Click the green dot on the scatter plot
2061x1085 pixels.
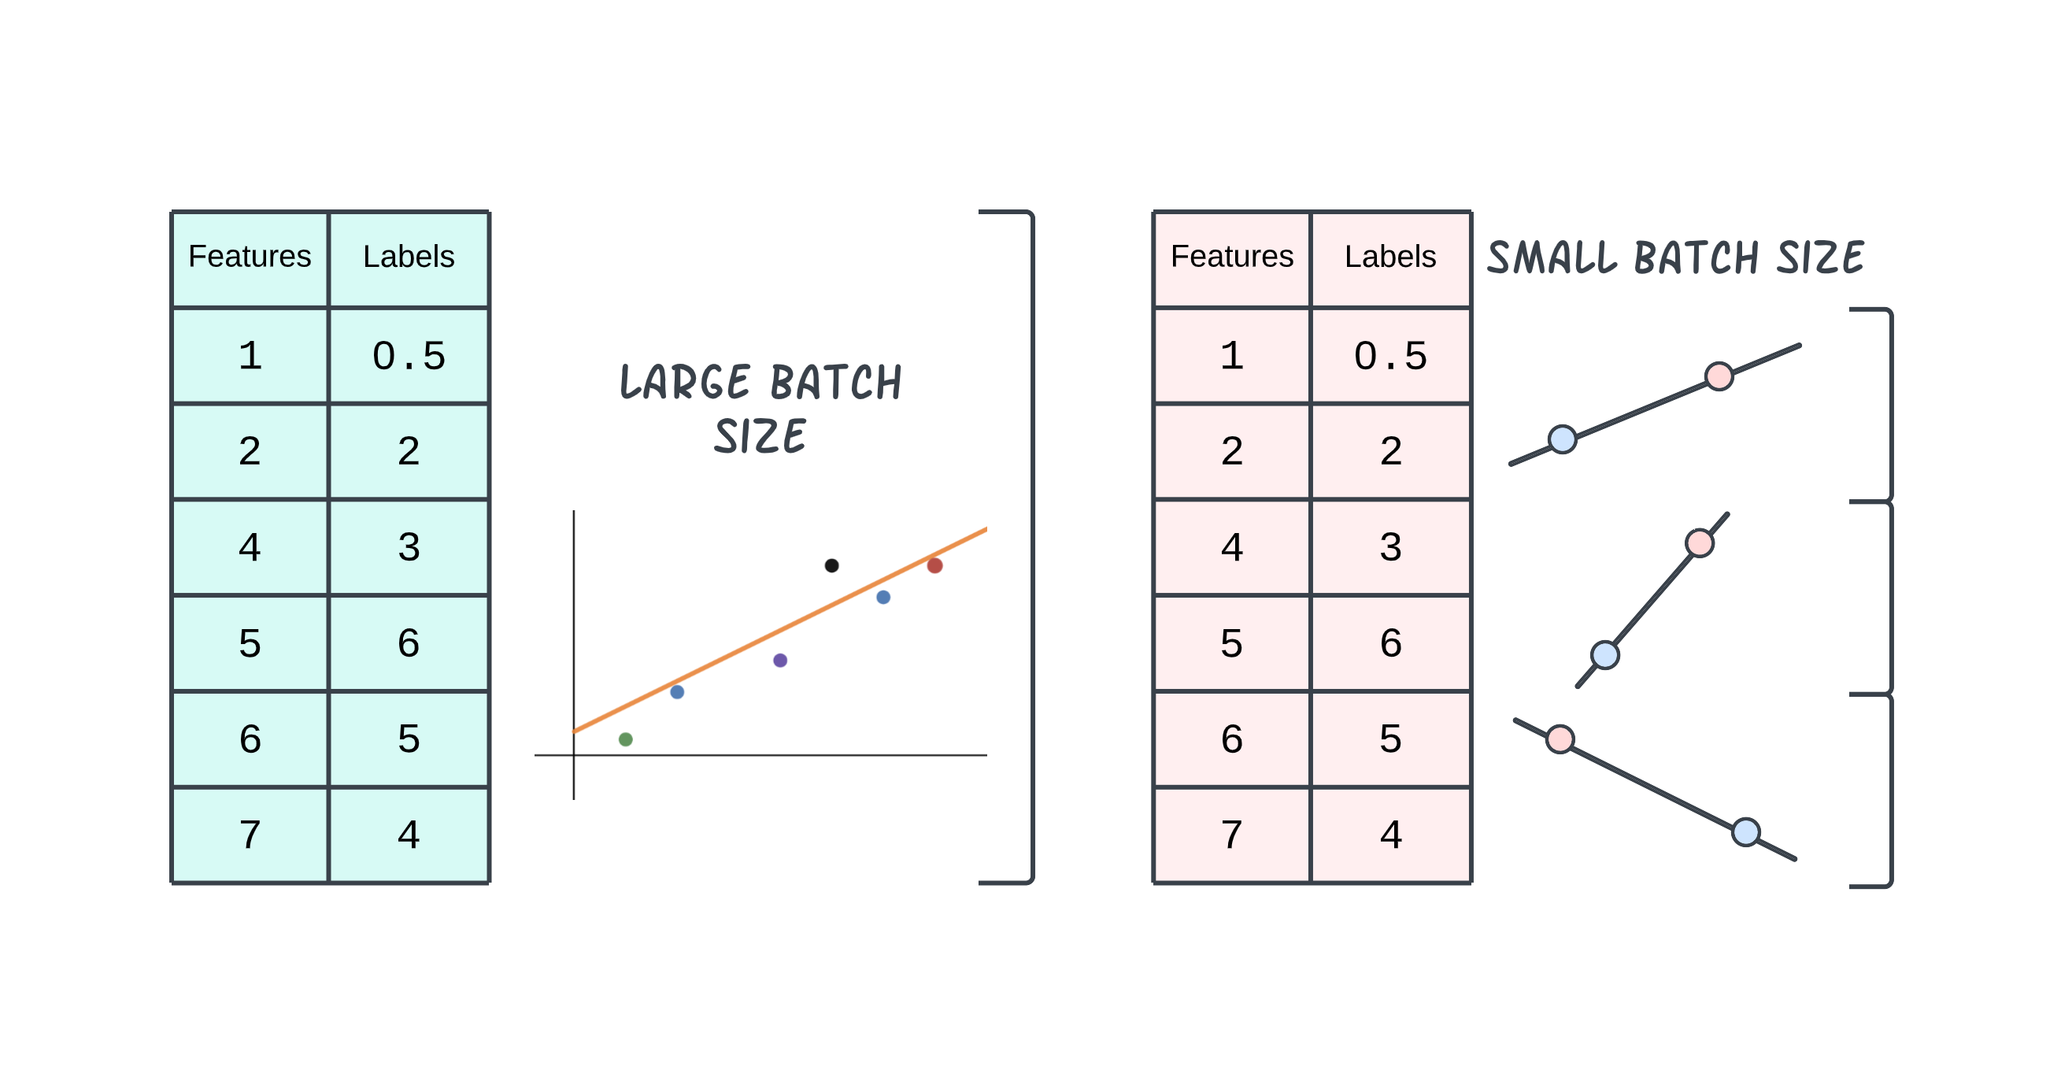[626, 739]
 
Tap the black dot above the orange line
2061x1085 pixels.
[831, 565]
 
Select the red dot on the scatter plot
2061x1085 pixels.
[934, 565]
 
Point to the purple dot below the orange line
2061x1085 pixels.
[780, 660]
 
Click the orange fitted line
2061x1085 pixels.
[780, 630]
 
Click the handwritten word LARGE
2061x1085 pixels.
[685, 382]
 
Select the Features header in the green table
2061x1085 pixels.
[250, 256]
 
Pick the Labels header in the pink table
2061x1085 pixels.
[1390, 256]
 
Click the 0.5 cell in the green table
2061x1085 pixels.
[409, 355]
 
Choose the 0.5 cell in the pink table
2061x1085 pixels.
[1390, 355]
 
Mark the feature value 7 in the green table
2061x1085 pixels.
[250, 835]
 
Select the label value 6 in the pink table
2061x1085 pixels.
[1390, 642]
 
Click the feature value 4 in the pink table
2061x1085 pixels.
[1232, 547]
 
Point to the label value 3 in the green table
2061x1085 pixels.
[409, 547]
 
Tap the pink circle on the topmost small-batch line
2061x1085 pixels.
[1719, 376]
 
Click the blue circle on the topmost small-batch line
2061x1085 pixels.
[1563, 439]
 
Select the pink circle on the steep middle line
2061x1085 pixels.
[1700, 543]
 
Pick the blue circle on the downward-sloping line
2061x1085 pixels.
[1746, 832]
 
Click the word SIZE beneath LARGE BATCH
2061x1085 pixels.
[760, 437]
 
